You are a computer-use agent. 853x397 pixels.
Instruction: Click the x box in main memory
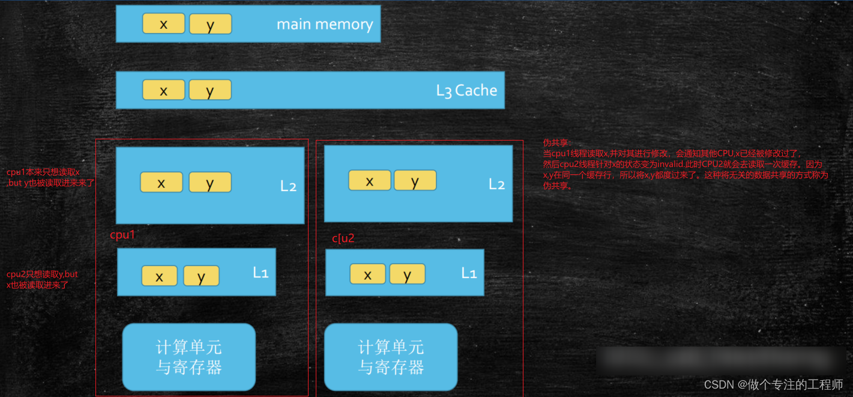pyautogui.click(x=163, y=23)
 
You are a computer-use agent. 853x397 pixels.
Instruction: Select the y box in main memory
pyautogui.click(x=210, y=24)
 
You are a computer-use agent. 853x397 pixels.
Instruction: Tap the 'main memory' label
pyautogui.click(x=324, y=25)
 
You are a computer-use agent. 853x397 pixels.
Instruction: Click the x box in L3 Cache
pyautogui.click(x=163, y=90)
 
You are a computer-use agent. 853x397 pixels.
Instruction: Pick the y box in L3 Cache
pyautogui.click(x=209, y=90)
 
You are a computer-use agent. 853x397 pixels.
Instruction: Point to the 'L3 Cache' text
pyautogui.click(x=466, y=91)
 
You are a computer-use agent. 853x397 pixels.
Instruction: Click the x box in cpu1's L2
pyautogui.click(x=161, y=183)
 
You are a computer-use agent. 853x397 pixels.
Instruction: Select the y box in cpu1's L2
pyautogui.click(x=209, y=183)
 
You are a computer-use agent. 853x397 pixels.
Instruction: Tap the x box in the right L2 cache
pyautogui.click(x=369, y=180)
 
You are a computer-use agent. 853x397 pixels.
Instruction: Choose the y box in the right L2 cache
pyautogui.click(x=415, y=180)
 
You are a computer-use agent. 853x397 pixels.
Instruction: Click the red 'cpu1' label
pyautogui.click(x=122, y=235)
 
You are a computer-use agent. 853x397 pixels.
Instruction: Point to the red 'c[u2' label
pyautogui.click(x=343, y=238)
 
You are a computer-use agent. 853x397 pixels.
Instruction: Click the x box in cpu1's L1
pyautogui.click(x=159, y=276)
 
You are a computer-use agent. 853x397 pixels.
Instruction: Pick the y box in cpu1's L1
pyautogui.click(x=201, y=276)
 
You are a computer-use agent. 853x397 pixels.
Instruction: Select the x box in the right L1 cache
pyautogui.click(x=367, y=274)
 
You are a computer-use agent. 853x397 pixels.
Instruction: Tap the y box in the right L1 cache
pyautogui.click(x=407, y=274)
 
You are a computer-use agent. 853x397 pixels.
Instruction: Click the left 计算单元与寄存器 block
pyautogui.click(x=188, y=357)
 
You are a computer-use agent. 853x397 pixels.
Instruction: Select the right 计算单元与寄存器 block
pyautogui.click(x=391, y=357)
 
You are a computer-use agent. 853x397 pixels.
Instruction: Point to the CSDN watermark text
pyautogui.click(x=773, y=384)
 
